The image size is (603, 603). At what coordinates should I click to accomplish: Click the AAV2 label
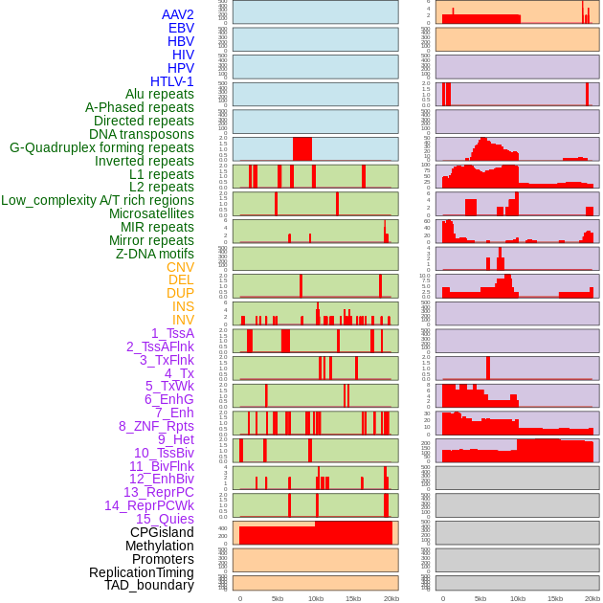point(177,14)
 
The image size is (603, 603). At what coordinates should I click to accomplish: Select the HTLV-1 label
point(171,81)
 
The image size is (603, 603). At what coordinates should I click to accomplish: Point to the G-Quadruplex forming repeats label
point(101,147)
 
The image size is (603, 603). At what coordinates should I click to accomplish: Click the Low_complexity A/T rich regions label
point(98,200)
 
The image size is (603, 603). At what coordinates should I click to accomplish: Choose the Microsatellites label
point(151,213)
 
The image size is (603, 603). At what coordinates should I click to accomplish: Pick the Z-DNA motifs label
point(154,254)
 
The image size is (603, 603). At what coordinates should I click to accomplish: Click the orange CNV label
point(180,267)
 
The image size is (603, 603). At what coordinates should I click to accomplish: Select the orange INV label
point(183,320)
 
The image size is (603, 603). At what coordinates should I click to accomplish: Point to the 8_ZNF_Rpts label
point(156,426)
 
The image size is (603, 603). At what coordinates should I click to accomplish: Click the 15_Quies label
point(165,519)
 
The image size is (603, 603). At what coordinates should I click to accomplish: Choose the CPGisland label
point(162,532)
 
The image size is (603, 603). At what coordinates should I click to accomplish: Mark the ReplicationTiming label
point(142,572)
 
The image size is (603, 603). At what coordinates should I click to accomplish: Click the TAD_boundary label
point(149,585)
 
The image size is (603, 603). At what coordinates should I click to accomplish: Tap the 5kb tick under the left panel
point(278,598)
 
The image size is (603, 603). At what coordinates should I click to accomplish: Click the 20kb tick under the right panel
point(592,598)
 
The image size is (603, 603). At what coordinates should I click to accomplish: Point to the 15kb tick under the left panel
point(352,598)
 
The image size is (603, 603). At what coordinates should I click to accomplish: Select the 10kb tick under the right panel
point(518,598)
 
